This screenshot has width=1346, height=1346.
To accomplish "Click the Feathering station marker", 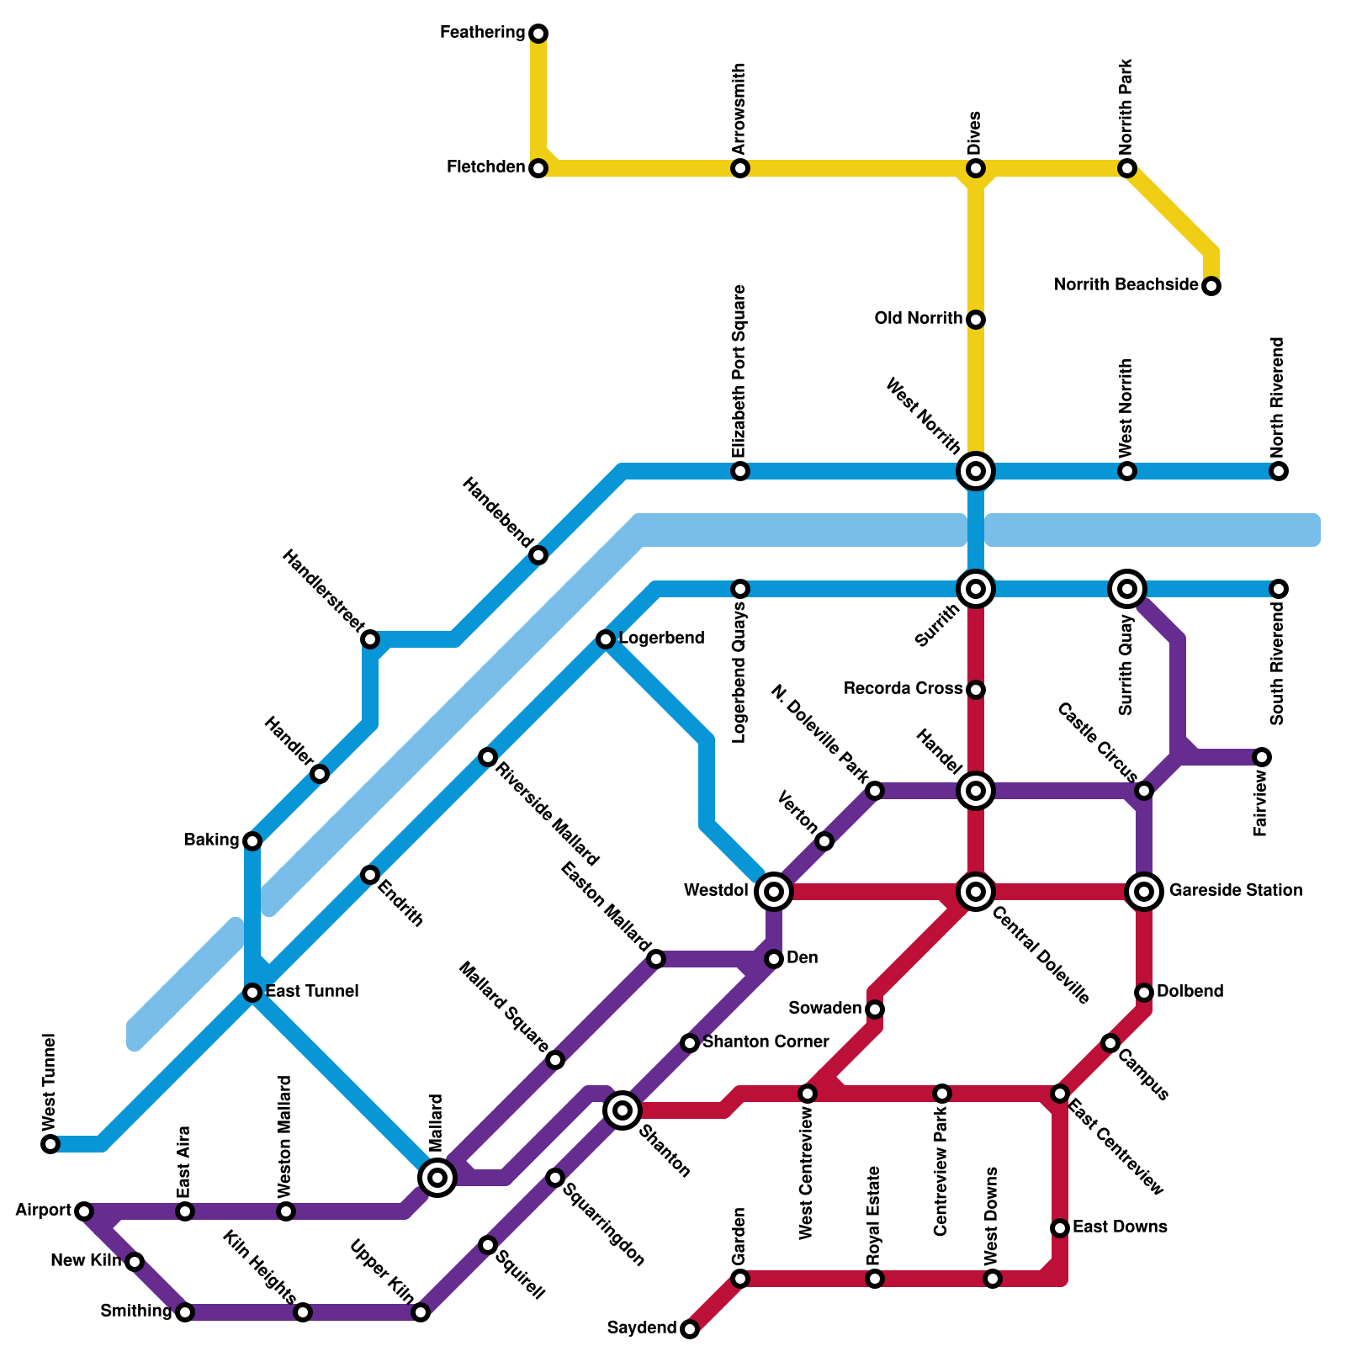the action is pyautogui.click(x=538, y=34).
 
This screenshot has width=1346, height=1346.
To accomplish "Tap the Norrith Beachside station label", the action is pyautogui.click(x=1126, y=285).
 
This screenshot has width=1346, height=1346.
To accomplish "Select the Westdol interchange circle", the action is pyautogui.click(x=774, y=891).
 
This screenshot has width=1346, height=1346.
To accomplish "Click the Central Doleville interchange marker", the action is pyautogui.click(x=976, y=891).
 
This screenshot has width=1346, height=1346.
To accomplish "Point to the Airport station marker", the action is pyautogui.click(x=83, y=1211).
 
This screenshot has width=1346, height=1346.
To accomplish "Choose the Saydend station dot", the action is pyautogui.click(x=690, y=1329).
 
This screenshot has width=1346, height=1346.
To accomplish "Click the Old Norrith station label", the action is pyautogui.click(x=918, y=319).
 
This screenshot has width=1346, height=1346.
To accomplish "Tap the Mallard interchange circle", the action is pyautogui.click(x=437, y=1177).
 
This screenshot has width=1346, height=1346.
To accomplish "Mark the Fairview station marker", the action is pyautogui.click(x=1261, y=757).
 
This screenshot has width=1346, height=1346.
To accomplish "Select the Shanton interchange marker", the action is pyautogui.click(x=623, y=1110).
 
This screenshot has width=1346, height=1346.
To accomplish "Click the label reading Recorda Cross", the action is pyautogui.click(x=903, y=689).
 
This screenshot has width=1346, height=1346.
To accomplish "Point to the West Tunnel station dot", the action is pyautogui.click(x=50, y=1144).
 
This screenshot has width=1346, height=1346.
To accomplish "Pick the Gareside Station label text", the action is pyautogui.click(x=1236, y=890).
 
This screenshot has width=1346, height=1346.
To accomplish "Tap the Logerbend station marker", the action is pyautogui.click(x=606, y=639).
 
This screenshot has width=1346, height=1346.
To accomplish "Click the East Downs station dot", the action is pyautogui.click(x=1060, y=1228).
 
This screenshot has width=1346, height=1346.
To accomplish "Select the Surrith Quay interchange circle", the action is pyautogui.click(x=1127, y=588).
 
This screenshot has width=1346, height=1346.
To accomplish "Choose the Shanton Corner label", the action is pyautogui.click(x=766, y=1042).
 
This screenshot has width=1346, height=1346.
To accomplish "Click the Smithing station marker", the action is pyautogui.click(x=185, y=1312).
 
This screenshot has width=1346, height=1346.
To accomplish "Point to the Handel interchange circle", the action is pyautogui.click(x=976, y=790).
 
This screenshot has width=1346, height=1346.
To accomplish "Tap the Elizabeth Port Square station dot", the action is pyautogui.click(x=740, y=471).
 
